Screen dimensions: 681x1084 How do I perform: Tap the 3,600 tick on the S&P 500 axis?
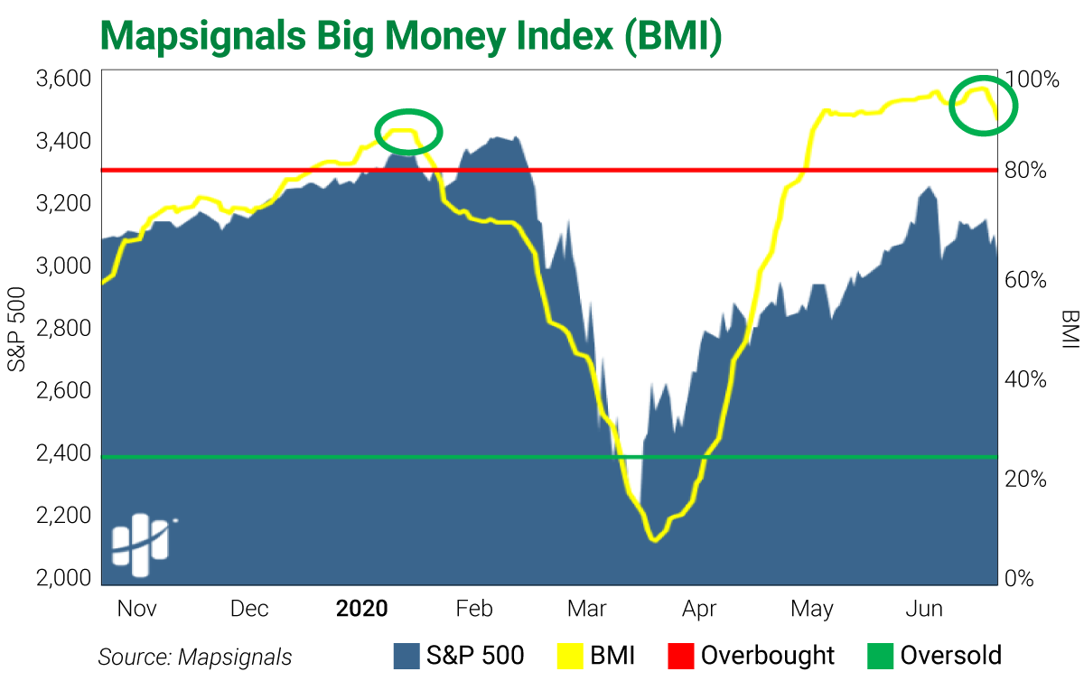tap(63, 79)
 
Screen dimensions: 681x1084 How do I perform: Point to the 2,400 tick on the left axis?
tap(63, 452)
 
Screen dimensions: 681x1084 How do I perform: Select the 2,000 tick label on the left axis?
tap(63, 578)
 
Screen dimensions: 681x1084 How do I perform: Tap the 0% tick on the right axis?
tap(1023, 578)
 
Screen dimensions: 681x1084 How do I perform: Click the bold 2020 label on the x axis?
tap(361, 609)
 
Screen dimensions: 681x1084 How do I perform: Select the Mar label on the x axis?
tap(586, 609)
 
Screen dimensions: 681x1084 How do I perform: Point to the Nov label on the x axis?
tap(136, 609)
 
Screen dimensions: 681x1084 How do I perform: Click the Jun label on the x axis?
tap(923, 609)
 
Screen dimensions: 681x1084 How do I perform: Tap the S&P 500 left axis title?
tap(17, 331)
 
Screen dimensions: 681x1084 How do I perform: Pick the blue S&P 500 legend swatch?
tap(407, 656)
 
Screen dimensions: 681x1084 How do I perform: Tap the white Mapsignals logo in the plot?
tap(143, 545)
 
